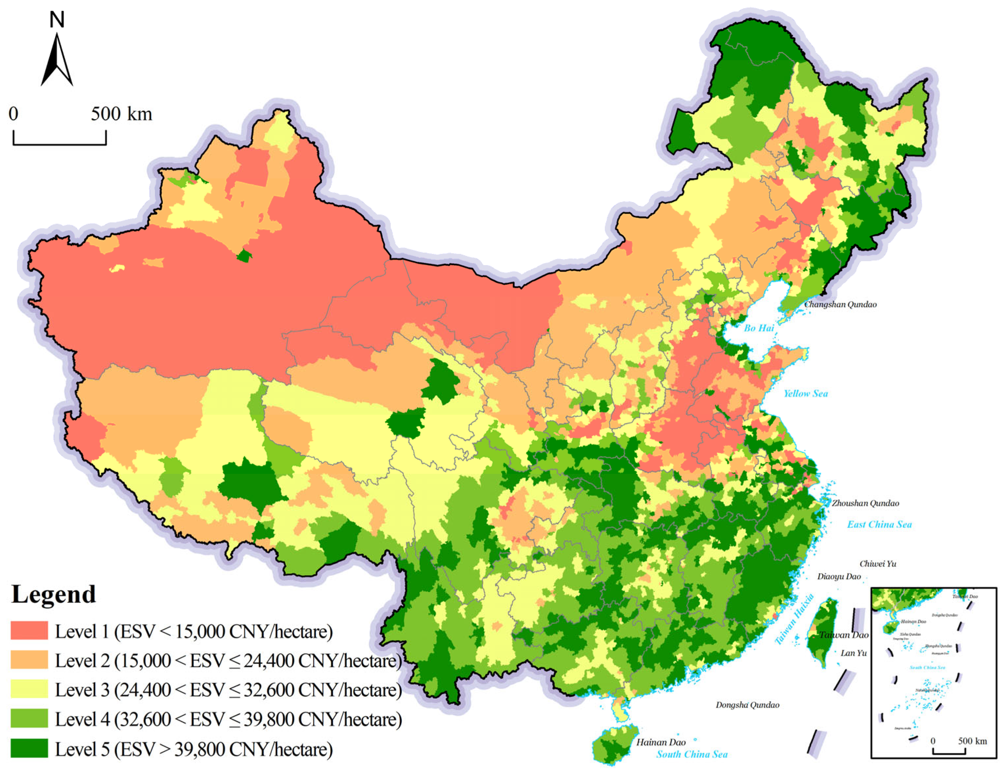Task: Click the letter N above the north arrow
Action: tap(57, 20)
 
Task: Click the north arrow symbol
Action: tap(57, 60)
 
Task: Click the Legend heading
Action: tap(54, 594)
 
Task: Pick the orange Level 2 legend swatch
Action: tap(29, 660)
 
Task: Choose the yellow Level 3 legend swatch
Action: tap(29, 689)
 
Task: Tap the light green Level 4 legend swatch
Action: tap(29, 718)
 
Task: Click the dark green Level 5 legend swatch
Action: tap(29, 748)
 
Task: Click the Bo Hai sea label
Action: tap(759, 328)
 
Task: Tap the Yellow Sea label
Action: tap(806, 393)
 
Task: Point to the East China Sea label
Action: tap(879, 524)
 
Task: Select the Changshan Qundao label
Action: tap(840, 304)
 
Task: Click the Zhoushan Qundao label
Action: tap(865, 503)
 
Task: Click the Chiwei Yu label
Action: tap(878, 564)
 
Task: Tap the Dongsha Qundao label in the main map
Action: tap(747, 705)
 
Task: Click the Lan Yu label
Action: tap(854, 653)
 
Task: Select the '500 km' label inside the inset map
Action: tap(973, 741)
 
